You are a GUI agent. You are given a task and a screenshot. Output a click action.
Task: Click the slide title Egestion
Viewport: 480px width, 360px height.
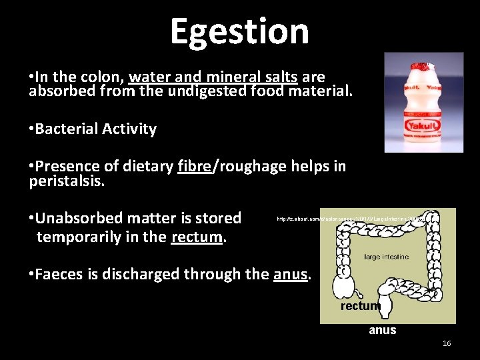click(239, 31)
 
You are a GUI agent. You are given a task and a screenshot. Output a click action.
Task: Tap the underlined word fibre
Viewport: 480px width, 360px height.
click(195, 166)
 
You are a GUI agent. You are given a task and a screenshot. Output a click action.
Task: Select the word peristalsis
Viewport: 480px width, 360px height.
click(67, 181)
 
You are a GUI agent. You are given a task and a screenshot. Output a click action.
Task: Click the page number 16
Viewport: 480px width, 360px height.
click(447, 343)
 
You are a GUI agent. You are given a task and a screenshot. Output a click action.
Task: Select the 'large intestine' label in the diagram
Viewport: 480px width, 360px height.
click(386, 257)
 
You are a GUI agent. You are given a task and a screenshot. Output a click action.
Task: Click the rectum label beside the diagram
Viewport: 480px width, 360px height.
click(360, 306)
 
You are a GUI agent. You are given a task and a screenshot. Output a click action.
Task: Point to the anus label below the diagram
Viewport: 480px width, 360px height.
click(382, 330)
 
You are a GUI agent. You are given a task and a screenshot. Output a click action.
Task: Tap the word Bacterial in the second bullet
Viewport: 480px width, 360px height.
click(66, 129)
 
